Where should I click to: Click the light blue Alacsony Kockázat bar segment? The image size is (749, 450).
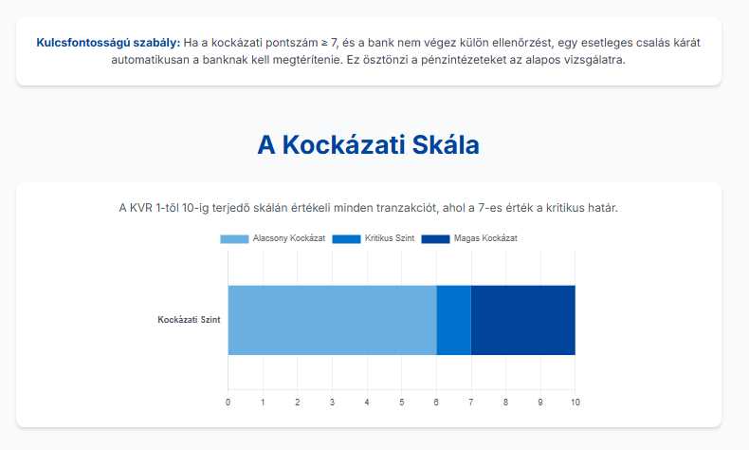[332, 320]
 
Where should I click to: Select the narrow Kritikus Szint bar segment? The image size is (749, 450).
[454, 320]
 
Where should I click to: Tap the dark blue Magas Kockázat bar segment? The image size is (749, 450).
[523, 320]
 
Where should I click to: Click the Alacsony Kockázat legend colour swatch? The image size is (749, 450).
[234, 238]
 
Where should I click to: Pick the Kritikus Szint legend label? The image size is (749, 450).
[390, 238]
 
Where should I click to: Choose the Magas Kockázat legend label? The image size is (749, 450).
[485, 238]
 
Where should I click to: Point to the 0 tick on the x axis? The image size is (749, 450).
[228, 403]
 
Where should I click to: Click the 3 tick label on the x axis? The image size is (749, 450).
[332, 403]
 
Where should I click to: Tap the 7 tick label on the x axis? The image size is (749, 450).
[471, 403]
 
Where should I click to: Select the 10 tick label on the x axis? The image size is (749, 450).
[575, 403]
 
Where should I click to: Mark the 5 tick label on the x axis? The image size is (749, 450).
[402, 403]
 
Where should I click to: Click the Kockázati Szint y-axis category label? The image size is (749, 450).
[189, 320]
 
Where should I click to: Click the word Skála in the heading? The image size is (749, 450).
[446, 145]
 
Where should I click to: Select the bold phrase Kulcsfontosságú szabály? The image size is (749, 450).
[108, 43]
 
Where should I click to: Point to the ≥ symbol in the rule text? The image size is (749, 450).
[324, 43]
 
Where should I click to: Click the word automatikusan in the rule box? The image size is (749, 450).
[151, 60]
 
